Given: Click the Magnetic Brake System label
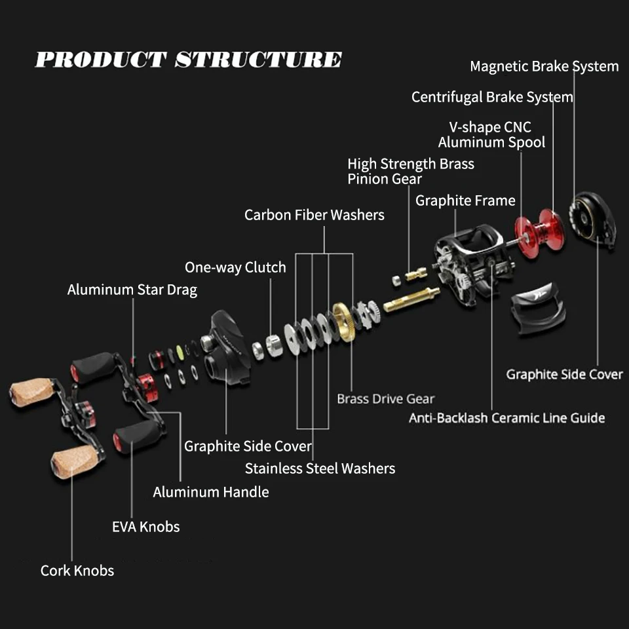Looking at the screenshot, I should pos(544,66).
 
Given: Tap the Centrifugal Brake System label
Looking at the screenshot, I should pos(492,97).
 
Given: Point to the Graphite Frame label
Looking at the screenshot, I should pos(465,200).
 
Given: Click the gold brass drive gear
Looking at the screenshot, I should pos(344,321).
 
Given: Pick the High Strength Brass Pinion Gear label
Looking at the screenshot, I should pos(411,171).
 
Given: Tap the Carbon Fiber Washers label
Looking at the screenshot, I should pos(314,215).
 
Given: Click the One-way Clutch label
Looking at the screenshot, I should pos(235,267).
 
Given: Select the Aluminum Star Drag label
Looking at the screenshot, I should pos(132,290).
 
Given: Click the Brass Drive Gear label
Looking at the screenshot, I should pos(385,398).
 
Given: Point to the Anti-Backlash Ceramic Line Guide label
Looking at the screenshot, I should pos(506,418).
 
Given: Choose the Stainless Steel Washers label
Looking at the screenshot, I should pos(320,468).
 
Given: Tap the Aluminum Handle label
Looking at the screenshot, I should pos(211,492).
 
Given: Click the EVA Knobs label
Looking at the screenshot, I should pos(145,527).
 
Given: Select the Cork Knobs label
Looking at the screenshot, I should pos(77,571).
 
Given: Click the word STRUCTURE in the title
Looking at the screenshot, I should pos(258,60).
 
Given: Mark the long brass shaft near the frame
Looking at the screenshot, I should pos(411,299).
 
